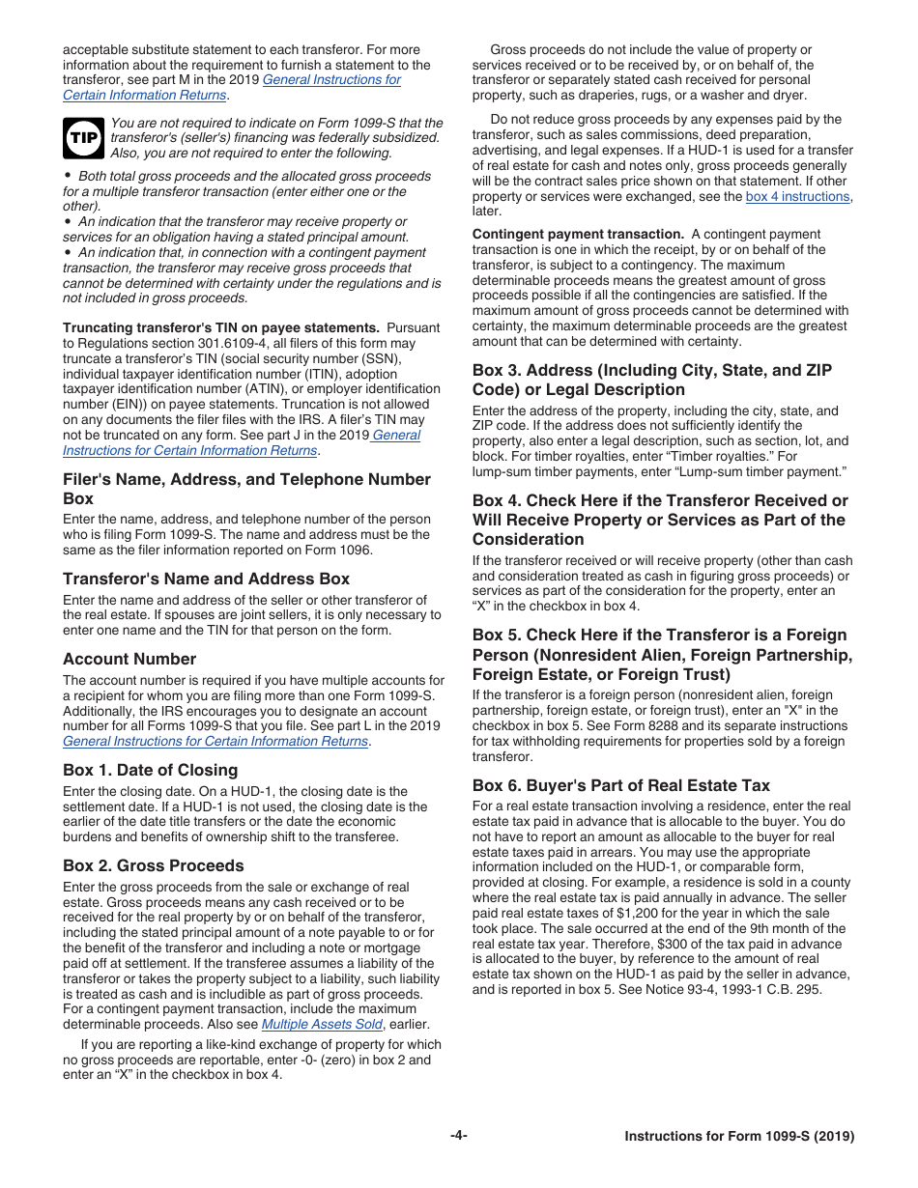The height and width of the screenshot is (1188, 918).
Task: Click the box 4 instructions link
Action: tap(797, 197)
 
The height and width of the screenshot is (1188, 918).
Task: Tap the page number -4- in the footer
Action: tap(458, 1136)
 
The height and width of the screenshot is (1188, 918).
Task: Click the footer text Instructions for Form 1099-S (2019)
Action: tap(739, 1137)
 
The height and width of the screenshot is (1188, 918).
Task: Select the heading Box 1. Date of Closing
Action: tap(150, 770)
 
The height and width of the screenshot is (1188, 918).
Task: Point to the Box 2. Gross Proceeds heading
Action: tap(153, 865)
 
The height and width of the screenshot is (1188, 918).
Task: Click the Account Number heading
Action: tap(129, 659)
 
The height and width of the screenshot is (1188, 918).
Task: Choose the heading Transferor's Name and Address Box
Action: tap(206, 579)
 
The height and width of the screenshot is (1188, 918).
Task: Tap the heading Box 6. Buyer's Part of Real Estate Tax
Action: tap(620, 785)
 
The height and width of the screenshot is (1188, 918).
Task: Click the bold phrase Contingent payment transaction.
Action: tap(578, 234)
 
